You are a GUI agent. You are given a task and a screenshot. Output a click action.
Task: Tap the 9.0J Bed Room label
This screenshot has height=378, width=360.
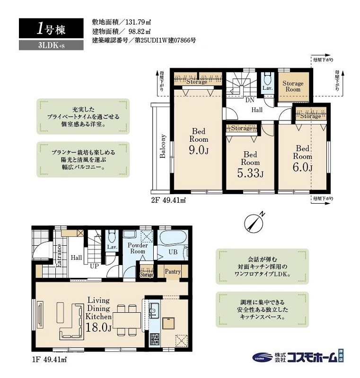coord(199,141)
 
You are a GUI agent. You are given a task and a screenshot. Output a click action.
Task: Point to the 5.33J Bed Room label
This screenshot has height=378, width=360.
coord(250,164)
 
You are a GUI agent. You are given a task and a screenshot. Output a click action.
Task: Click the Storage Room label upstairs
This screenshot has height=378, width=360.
coord(292,86)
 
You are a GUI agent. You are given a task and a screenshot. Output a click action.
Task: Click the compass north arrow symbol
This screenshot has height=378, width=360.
coord(255,221)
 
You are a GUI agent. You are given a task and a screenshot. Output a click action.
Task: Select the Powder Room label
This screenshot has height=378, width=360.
coord(138,249)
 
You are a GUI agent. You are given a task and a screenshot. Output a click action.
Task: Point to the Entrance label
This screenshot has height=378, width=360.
coord(59,255)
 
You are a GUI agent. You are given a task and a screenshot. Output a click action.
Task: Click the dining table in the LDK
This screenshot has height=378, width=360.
coord(127,319)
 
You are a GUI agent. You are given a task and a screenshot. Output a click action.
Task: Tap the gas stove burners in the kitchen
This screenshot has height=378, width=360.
coord(155,339)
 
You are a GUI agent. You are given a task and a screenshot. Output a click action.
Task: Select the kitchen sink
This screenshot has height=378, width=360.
coord(153,310)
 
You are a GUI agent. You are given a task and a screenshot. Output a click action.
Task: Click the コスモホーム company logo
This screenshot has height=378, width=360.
coord(298,357)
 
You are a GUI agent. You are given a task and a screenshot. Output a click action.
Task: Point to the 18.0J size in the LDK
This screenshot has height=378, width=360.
coord(98,327)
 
